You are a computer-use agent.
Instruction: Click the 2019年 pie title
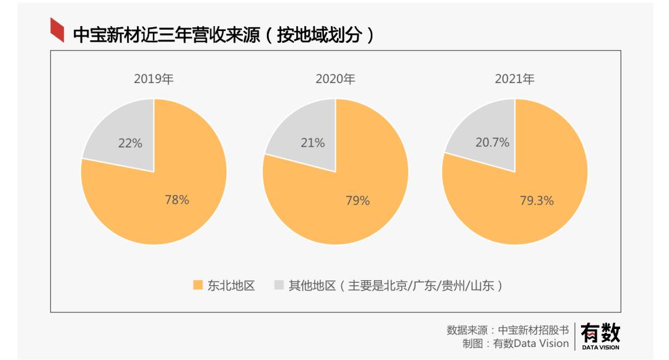click(154, 79)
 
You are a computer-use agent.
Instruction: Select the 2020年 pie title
click(335, 79)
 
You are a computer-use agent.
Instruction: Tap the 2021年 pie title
click(514, 79)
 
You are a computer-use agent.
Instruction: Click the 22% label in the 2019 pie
click(130, 143)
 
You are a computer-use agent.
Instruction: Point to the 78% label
click(177, 200)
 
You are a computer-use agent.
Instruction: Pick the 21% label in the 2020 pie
click(313, 143)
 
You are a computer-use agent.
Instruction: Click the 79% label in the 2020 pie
click(357, 200)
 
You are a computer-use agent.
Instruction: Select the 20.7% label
click(492, 143)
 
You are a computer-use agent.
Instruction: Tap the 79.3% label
click(536, 201)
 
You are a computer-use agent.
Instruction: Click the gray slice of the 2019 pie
click(124, 133)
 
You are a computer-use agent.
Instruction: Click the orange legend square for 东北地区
click(198, 285)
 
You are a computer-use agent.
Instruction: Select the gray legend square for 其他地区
click(279, 285)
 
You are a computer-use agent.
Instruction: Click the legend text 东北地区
click(231, 286)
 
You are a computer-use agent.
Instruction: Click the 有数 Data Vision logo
click(600, 336)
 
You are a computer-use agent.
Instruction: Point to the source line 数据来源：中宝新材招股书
click(507, 330)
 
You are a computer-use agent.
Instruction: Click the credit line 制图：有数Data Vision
click(515, 343)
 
